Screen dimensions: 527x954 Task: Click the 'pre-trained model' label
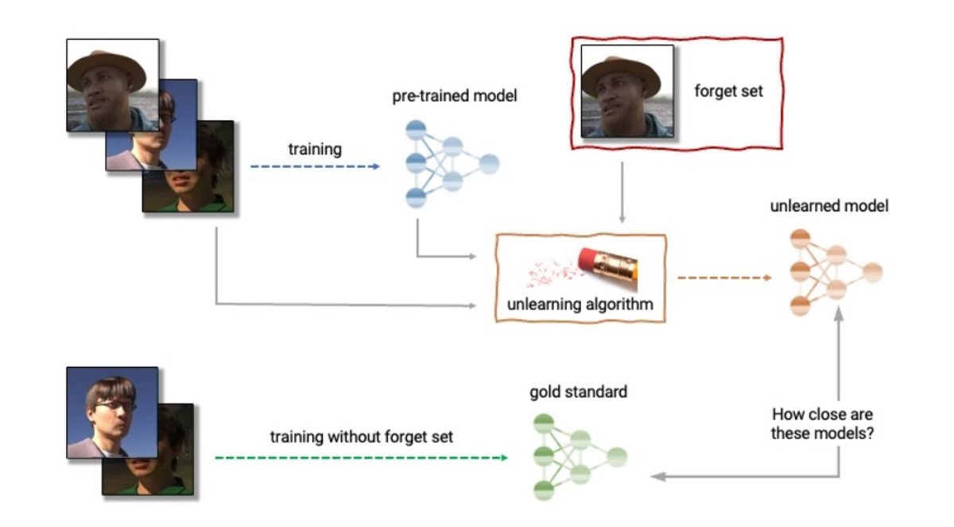pos(454,97)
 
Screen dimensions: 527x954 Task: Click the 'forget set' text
pos(728,91)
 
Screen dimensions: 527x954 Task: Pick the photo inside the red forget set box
pos(627,91)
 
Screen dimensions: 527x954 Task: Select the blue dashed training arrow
pos(314,166)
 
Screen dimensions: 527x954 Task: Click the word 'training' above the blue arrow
pos(315,149)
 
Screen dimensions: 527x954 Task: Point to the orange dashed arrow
pos(723,278)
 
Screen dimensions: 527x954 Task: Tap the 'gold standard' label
pos(578,392)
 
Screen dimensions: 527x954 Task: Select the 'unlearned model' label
pos(829,206)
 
